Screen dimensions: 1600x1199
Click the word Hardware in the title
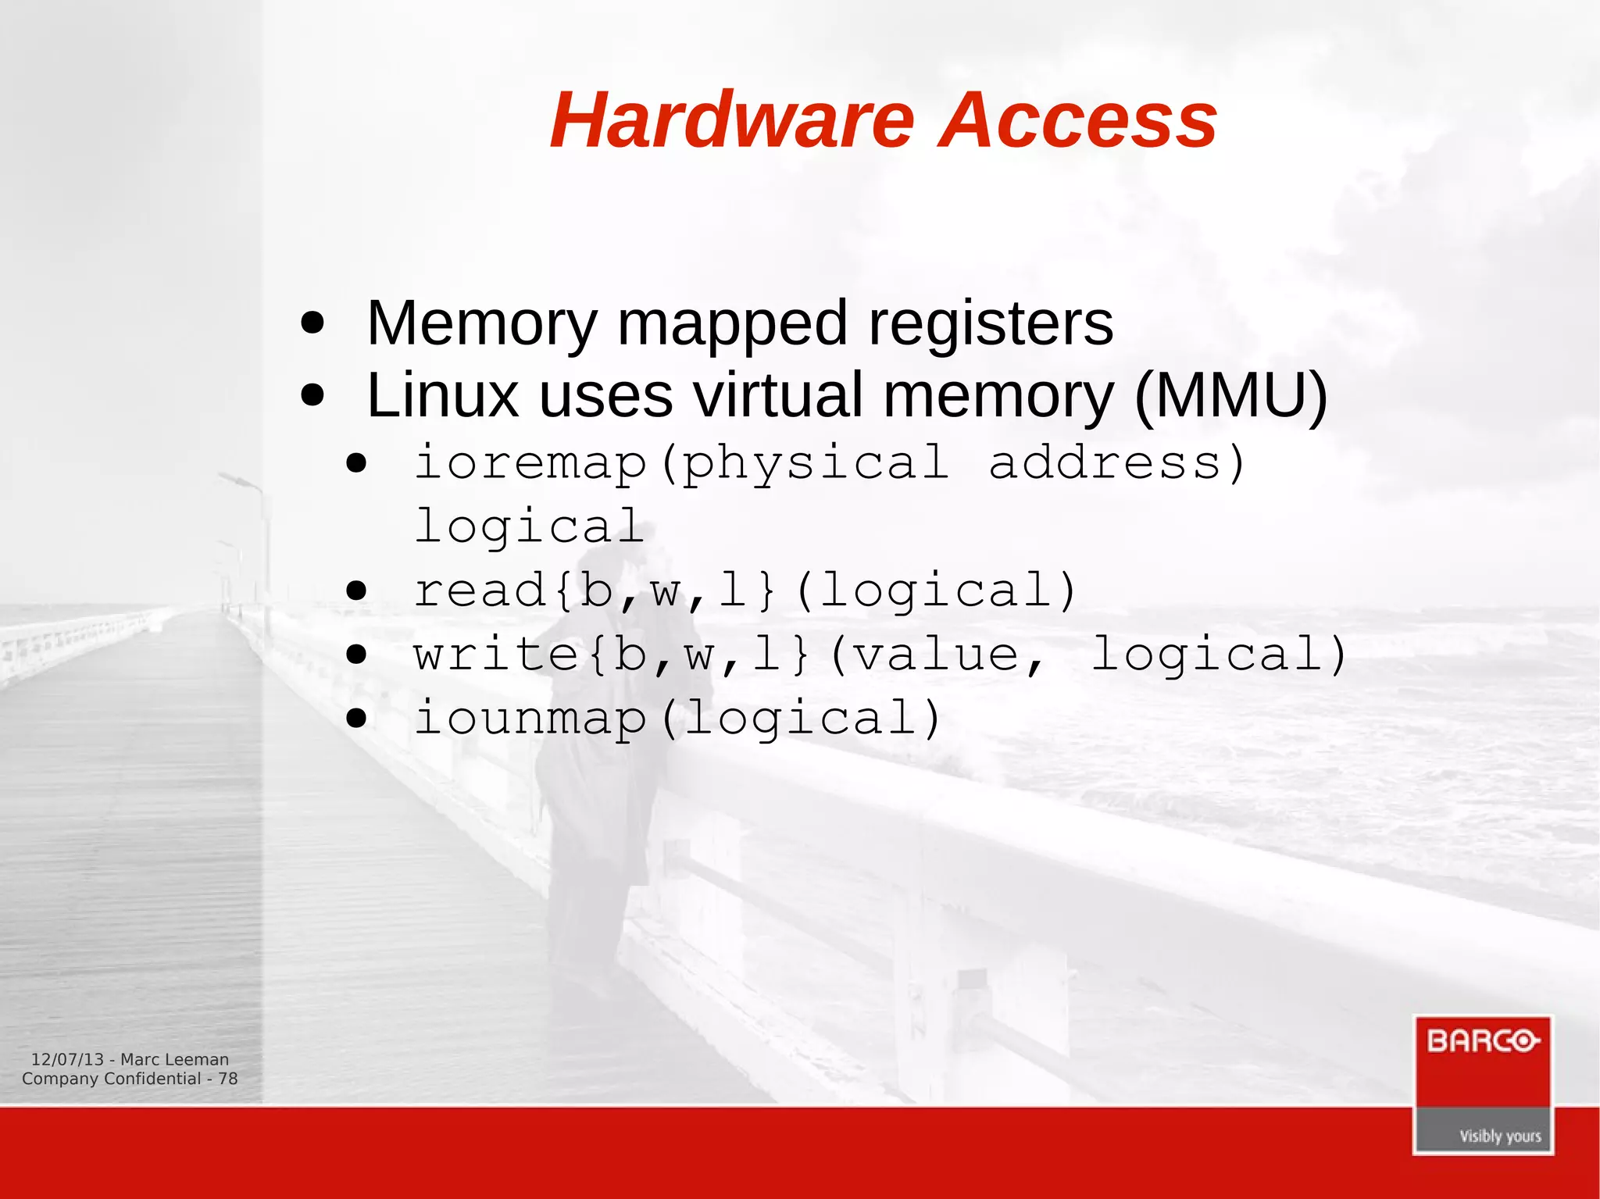pyautogui.click(x=732, y=121)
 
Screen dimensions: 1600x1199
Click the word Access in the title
pyautogui.click(x=1077, y=121)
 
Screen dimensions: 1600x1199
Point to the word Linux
pyautogui.click(x=442, y=395)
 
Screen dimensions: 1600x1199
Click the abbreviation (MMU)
pyautogui.click(x=1230, y=395)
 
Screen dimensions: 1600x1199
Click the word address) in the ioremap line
pyautogui.click(x=1117, y=462)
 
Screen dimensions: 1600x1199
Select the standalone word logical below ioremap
pyautogui.click(x=529, y=526)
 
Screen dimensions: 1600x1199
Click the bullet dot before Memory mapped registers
pyautogui.click(x=312, y=323)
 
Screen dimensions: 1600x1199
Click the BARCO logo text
pyautogui.click(x=1482, y=1042)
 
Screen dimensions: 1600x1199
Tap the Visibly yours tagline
pyautogui.click(x=1500, y=1136)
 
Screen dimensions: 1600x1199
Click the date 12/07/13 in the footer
pyautogui.click(x=67, y=1060)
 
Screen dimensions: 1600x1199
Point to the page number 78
pyautogui.click(x=227, y=1079)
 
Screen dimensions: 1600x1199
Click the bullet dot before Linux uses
pyautogui.click(x=312, y=394)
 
